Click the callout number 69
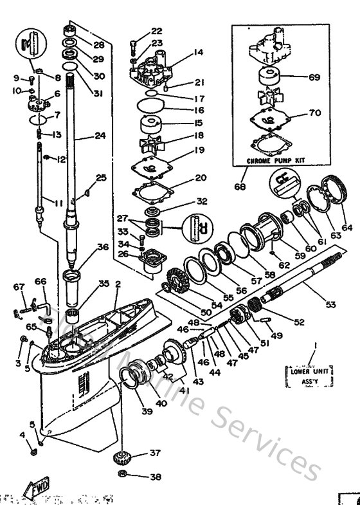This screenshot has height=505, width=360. [x=314, y=77]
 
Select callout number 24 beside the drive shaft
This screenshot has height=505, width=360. [x=81, y=136]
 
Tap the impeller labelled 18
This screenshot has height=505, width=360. [x=157, y=137]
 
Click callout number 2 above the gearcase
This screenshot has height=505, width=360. [x=117, y=284]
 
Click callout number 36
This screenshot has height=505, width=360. [x=102, y=246]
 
